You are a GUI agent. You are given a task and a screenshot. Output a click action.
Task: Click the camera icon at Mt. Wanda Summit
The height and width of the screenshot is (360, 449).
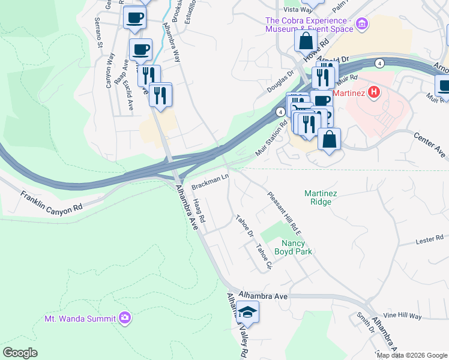pyautogui.click(x=125, y=317)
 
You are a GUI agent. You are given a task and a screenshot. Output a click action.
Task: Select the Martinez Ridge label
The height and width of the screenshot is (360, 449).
pyautogui.click(x=326, y=197)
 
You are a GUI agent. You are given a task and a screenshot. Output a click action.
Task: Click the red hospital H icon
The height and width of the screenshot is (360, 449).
pyautogui.click(x=374, y=92)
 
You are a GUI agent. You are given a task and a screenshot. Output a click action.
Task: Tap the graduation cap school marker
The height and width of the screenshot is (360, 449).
pyautogui.click(x=247, y=312)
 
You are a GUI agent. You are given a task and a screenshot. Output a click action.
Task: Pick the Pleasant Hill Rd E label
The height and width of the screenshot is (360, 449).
pyautogui.click(x=284, y=212)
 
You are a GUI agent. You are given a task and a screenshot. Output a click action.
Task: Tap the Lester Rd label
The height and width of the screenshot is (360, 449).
pyautogui.click(x=429, y=241)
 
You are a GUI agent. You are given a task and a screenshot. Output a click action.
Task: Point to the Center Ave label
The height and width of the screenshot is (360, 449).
pyautogui.click(x=429, y=142)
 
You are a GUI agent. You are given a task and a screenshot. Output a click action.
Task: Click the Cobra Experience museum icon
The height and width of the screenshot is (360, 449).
pyautogui.click(x=361, y=25)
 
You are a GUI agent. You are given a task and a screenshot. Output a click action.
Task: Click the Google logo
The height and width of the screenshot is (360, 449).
pyautogui.click(x=20, y=353)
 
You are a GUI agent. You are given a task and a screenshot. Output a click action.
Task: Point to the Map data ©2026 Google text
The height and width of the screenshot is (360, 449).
pyautogui.click(x=411, y=355)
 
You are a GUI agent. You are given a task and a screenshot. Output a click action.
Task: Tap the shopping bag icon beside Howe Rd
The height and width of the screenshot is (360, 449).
pyautogui.click(x=306, y=41)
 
